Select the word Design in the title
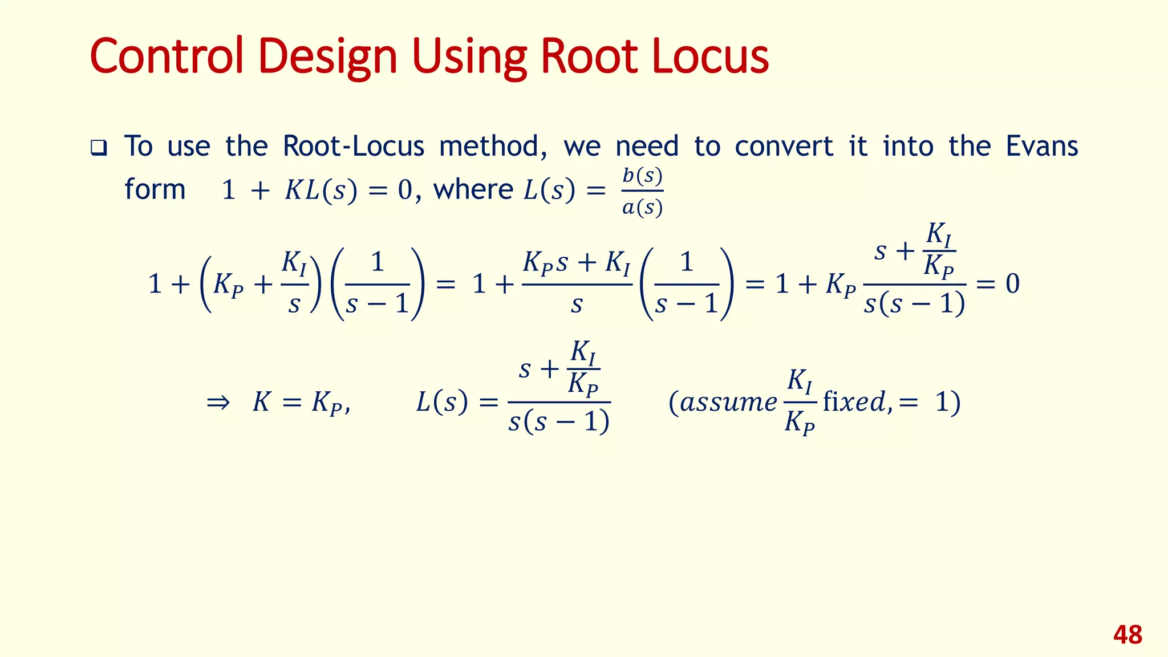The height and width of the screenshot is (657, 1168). [x=327, y=57]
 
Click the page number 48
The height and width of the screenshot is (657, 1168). [x=1128, y=635]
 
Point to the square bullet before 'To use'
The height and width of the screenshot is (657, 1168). [x=99, y=148]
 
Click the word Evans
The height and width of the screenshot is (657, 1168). [x=1041, y=146]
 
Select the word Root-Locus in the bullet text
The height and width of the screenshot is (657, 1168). [x=354, y=146]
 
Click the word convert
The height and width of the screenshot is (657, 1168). [x=784, y=146]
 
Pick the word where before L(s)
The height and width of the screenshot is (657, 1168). [x=473, y=189]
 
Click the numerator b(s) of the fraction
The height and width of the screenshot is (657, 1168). [x=642, y=176]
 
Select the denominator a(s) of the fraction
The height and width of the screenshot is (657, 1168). [x=642, y=208]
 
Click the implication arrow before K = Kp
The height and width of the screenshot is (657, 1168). [x=218, y=403]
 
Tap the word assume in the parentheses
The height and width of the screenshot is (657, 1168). [x=728, y=402]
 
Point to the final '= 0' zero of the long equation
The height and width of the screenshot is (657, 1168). [x=1012, y=283]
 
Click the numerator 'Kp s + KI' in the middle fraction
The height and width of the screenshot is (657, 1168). [x=577, y=263]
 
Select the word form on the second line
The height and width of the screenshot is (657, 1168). [x=155, y=189]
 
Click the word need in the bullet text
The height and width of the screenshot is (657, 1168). [x=647, y=146]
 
